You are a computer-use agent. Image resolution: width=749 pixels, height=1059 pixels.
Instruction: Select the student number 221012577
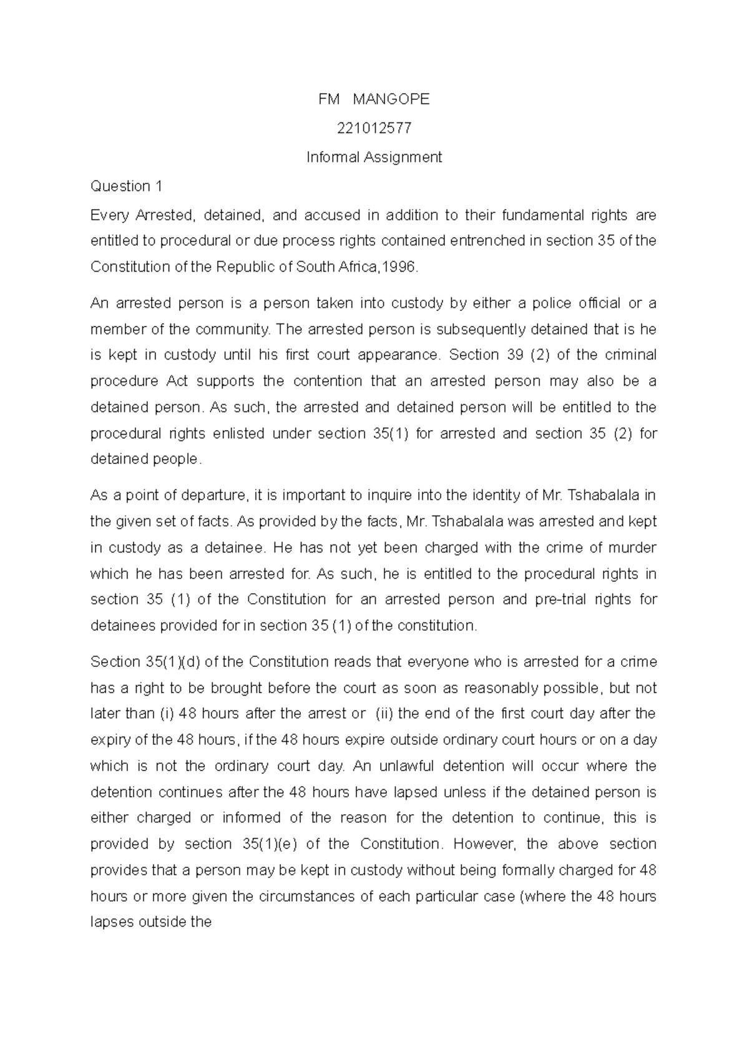click(x=374, y=128)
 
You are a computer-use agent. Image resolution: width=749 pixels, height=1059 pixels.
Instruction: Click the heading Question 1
click(x=126, y=186)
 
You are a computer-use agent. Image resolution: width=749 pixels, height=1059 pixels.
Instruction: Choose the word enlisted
click(x=236, y=433)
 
